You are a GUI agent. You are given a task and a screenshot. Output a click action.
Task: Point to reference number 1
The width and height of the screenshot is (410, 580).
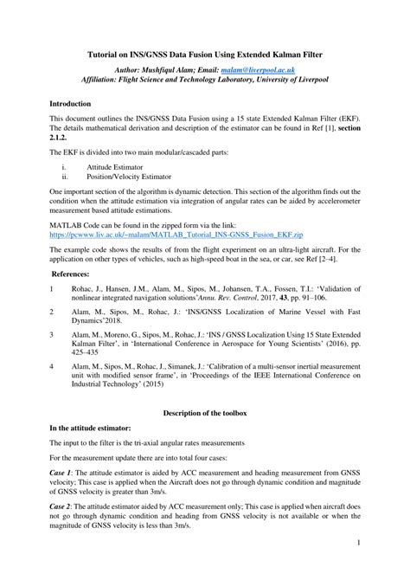pyautogui.click(x=53, y=289)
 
